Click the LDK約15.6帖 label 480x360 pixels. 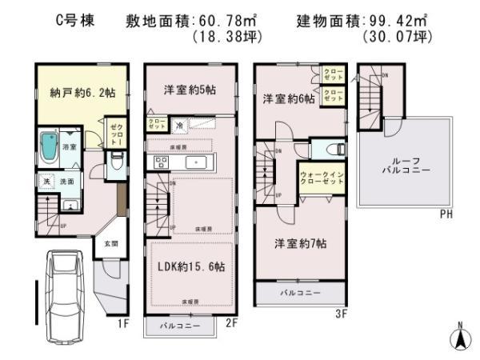coord(189,266)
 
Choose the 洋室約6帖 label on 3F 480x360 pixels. coord(286,99)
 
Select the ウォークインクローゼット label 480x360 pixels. coord(321,177)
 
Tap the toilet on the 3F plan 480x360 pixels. coord(334,149)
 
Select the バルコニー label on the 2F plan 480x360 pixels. coord(179,327)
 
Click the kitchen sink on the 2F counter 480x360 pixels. coord(197,161)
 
